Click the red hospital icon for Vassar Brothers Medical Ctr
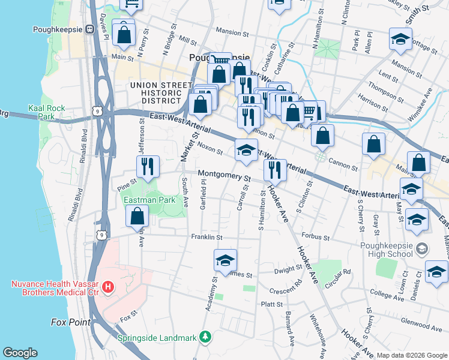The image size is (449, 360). coord(108,287)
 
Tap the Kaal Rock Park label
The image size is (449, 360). coord(46,112)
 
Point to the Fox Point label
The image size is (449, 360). coord(71,322)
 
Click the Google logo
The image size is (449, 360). coord(20,352)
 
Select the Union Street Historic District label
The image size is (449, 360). coord(156,93)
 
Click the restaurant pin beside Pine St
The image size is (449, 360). coord(148,166)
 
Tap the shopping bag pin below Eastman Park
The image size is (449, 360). coord(138,216)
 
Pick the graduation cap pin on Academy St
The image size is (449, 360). coord(225,260)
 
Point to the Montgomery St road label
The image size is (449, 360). coord(224,175)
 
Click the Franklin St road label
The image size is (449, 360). coord(206,238)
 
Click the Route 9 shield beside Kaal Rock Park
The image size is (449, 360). coord(97,110)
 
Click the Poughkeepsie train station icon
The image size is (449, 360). coord(89,29)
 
